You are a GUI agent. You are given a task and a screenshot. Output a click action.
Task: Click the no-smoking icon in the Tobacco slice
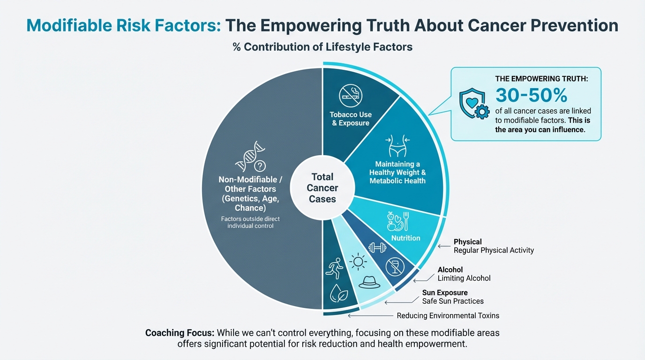[x=351, y=96]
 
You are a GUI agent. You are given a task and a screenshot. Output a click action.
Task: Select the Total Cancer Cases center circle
[x=322, y=188]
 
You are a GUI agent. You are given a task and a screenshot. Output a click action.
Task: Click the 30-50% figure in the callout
[x=531, y=95]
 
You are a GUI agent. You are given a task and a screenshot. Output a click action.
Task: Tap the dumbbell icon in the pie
[x=377, y=247]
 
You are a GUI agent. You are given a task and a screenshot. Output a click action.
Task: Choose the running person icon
[x=335, y=268]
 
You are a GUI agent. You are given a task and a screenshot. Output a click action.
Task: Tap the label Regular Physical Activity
[x=494, y=250]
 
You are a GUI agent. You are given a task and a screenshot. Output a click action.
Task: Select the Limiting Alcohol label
[x=464, y=278]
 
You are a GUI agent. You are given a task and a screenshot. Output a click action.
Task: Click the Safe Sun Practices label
[x=453, y=301]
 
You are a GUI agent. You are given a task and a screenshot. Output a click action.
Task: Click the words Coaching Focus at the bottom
[x=180, y=333]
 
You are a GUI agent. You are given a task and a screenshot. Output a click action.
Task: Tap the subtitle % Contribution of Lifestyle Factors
[x=322, y=47]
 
